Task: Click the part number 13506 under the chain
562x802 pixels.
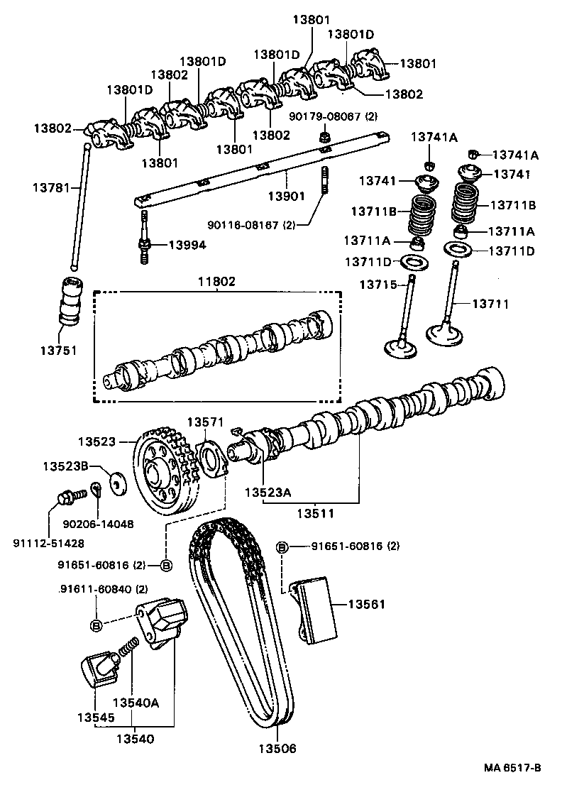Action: click(277, 749)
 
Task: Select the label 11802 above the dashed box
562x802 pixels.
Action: click(216, 282)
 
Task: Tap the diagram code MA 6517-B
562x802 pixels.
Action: click(513, 768)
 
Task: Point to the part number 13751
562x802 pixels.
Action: click(57, 350)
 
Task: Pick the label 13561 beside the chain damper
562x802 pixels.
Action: click(366, 604)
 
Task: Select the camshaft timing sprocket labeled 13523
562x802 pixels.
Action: click(160, 472)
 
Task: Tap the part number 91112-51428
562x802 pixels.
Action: click(48, 543)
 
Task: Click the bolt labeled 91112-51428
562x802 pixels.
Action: click(65, 497)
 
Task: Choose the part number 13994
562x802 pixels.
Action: click(187, 245)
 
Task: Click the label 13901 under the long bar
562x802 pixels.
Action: click(287, 195)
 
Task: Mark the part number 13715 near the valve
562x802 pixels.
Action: click(378, 285)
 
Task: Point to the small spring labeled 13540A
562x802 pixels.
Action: click(128, 649)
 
